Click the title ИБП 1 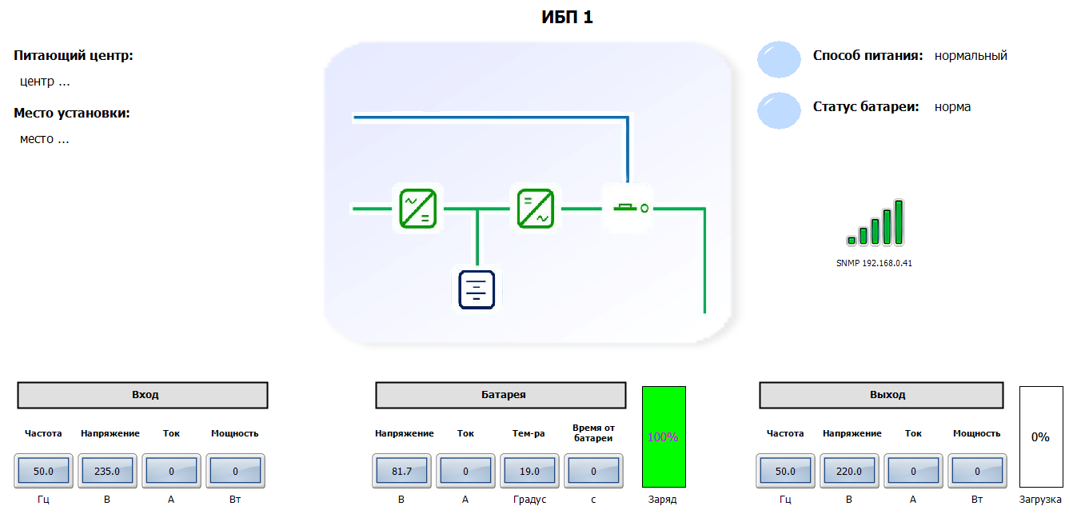click(567, 17)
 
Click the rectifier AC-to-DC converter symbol click(417, 209)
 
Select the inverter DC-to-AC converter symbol click(535, 209)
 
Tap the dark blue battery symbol click(477, 289)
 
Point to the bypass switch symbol click(628, 208)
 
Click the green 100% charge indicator click(664, 436)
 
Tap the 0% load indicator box click(1040, 436)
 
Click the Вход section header click(143, 395)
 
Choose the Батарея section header click(501, 395)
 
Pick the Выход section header click(881, 395)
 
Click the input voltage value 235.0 click(107, 471)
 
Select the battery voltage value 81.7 click(401, 471)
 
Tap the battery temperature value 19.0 click(529, 471)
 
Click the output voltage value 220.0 click(849, 471)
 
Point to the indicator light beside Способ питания click(779, 59)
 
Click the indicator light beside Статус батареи click(779, 110)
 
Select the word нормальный click(971, 56)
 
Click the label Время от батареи click(592, 433)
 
